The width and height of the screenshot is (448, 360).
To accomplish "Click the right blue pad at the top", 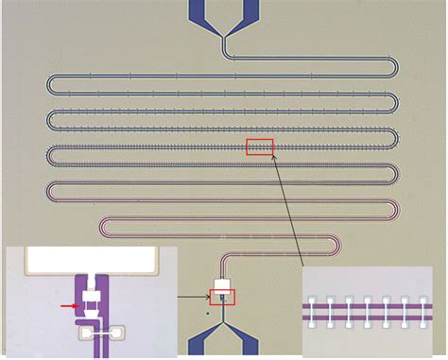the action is click(249, 10).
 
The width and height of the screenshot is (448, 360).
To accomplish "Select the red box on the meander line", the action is click(259, 146).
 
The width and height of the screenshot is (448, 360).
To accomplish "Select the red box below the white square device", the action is click(223, 297).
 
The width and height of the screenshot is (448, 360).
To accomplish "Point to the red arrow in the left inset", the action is click(67, 306).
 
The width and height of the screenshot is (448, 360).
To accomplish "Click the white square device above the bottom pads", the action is click(223, 284).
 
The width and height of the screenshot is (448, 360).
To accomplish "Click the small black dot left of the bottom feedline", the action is click(208, 311).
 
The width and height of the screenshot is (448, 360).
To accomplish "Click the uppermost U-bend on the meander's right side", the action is click(394, 69).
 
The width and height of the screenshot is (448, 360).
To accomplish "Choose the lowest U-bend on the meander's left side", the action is click(102, 228).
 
